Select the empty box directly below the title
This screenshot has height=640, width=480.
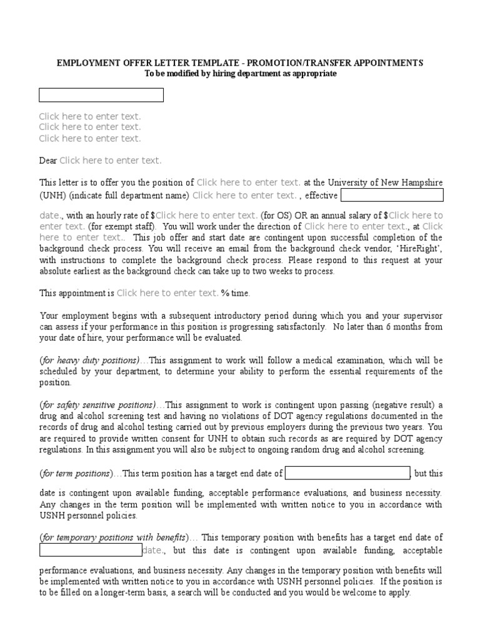(101, 95)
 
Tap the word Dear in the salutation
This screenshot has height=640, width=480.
(48, 161)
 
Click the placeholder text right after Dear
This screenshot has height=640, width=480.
(111, 161)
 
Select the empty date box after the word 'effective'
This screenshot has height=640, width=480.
(392, 195)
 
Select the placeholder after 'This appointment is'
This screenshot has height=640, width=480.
(167, 293)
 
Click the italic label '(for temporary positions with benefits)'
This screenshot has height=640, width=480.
(113, 537)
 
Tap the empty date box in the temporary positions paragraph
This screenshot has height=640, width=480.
(91, 550)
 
